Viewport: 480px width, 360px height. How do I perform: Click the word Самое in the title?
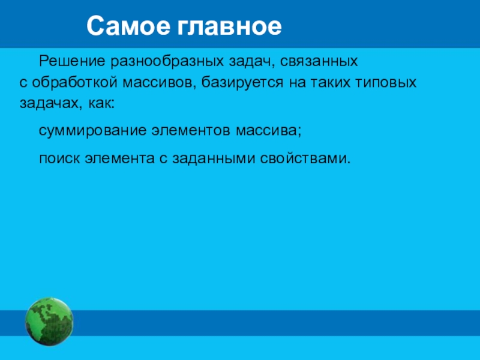click(x=128, y=26)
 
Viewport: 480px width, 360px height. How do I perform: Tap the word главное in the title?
click(x=229, y=26)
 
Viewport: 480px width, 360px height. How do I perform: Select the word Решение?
click(x=72, y=62)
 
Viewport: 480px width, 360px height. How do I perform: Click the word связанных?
click(x=319, y=62)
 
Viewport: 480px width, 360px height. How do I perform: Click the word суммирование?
click(x=93, y=131)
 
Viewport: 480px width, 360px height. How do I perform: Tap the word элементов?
click(x=191, y=131)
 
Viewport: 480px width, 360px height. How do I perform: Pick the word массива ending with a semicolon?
click(x=268, y=131)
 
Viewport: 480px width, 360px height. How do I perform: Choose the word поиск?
click(x=59, y=159)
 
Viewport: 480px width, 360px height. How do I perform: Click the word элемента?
click(x=119, y=159)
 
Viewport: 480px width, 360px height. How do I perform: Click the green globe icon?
click(x=49, y=322)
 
